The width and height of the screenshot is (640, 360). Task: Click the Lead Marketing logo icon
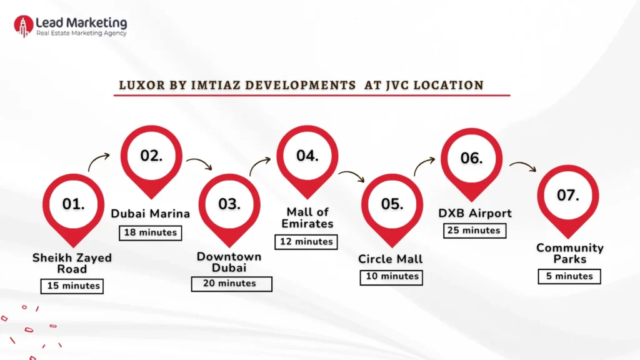pos(24,26)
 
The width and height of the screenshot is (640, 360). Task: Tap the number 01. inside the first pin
pos(73,204)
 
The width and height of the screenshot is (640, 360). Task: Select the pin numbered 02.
pos(151,157)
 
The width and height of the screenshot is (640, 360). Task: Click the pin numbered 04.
pos(307,157)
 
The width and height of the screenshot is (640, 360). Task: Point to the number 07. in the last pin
pos(567,195)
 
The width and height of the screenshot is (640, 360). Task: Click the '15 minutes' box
pos(71,286)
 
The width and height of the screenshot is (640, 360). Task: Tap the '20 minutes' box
pos(231,283)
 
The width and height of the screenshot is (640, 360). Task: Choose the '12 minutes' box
pos(306,241)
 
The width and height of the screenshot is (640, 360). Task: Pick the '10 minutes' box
pos(391,277)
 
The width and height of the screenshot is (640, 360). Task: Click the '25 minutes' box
pos(474,230)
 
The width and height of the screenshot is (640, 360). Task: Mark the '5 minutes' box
pos(569,276)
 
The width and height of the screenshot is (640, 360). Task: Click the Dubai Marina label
pos(151,214)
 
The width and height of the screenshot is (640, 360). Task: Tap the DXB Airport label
pos(474,213)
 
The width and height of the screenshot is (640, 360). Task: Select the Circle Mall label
pos(391,259)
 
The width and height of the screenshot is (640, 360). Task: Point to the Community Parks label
pos(569,253)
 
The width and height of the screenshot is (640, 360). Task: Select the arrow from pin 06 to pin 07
pos(522,167)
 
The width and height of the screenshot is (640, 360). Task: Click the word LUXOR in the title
pos(139,85)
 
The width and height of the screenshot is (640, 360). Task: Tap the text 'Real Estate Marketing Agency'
pos(81,33)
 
